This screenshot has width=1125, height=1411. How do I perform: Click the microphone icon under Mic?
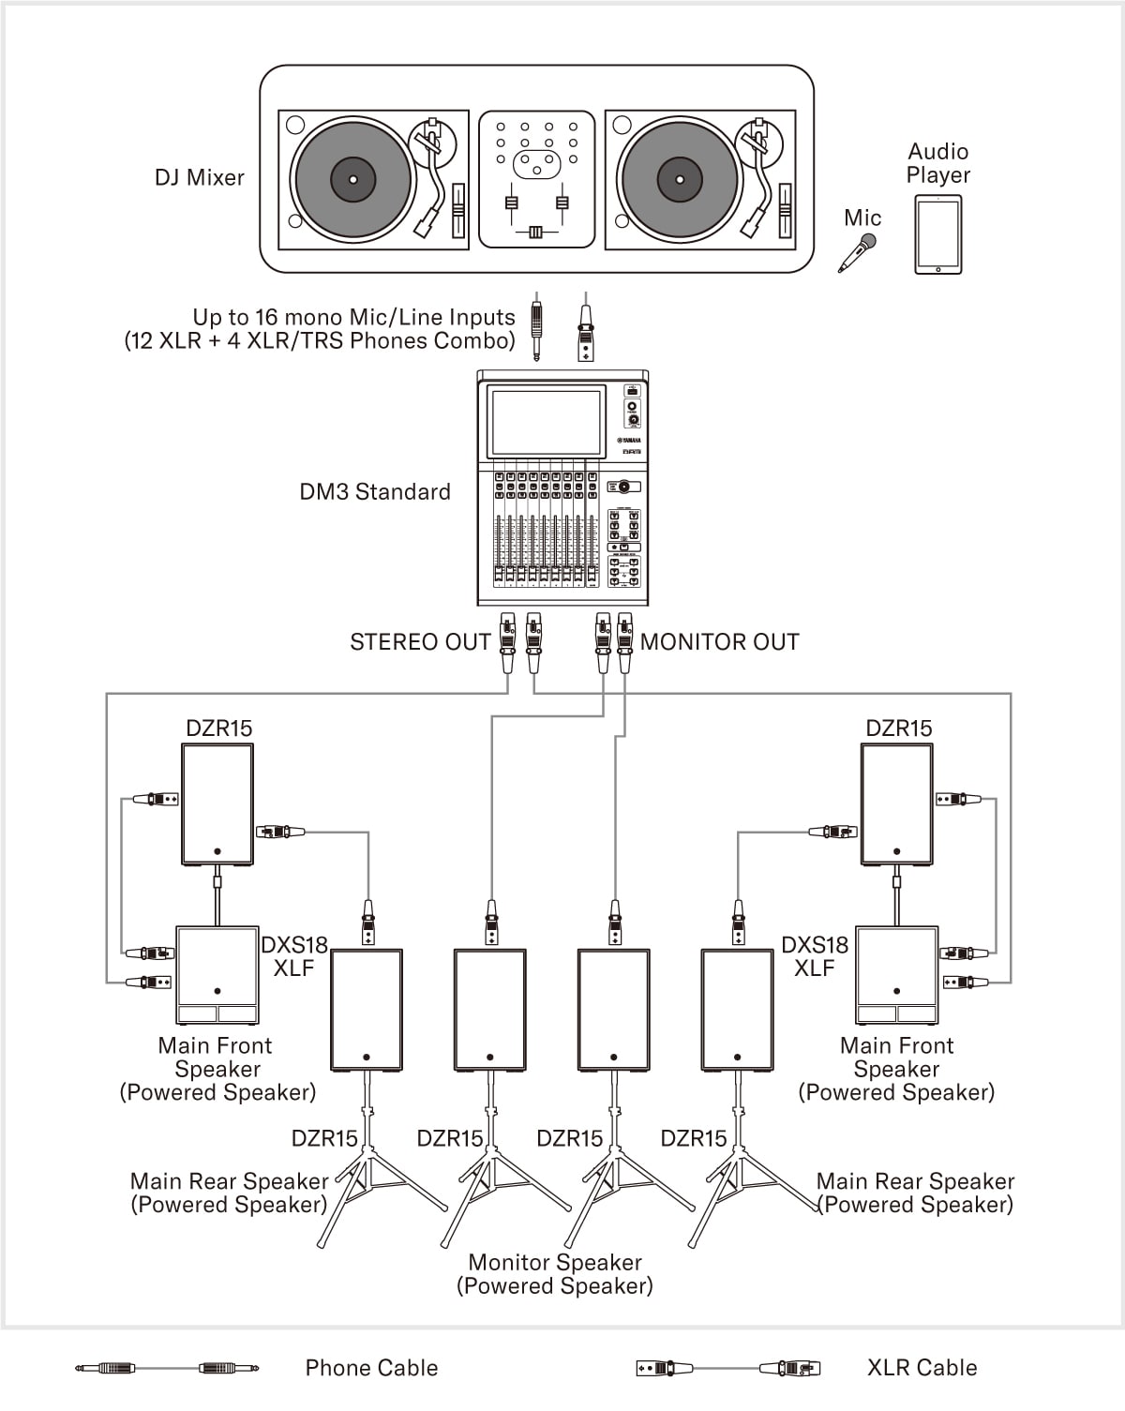(x=857, y=253)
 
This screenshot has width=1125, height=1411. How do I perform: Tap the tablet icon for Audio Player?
(x=937, y=234)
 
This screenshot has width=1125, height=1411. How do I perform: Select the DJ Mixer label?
(x=199, y=177)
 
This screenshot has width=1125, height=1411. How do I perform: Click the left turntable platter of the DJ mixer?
(x=352, y=179)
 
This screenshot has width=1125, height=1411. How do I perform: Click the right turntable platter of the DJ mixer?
(x=679, y=179)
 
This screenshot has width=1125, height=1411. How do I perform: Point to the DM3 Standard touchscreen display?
(x=546, y=422)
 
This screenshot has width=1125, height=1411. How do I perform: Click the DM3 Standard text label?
(x=375, y=491)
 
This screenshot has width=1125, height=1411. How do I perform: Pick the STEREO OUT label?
(x=420, y=642)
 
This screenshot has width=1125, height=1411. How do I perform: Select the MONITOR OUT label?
(x=719, y=642)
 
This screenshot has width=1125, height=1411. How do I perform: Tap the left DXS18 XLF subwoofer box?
(x=217, y=975)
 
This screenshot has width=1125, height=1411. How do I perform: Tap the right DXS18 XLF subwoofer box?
(x=896, y=975)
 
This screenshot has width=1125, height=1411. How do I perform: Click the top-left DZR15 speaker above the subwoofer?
(x=217, y=804)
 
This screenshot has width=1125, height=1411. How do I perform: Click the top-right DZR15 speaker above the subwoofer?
(x=896, y=804)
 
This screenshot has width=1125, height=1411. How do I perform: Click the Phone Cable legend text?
(x=371, y=1368)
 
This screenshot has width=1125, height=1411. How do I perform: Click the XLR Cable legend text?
(x=922, y=1368)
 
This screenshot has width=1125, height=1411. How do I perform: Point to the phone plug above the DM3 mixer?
(x=536, y=328)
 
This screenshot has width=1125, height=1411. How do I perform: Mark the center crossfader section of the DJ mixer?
(x=536, y=179)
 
